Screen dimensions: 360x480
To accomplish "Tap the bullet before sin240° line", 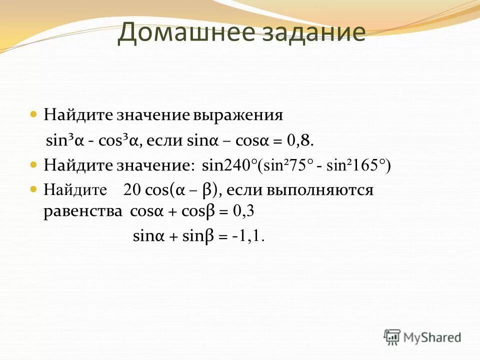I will click(34, 164).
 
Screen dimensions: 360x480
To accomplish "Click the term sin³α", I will click(64, 140).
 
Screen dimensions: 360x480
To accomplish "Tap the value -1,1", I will click(248, 236).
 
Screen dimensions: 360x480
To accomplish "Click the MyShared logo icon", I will click(392, 337).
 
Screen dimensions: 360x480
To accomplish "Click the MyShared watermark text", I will click(432, 337).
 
